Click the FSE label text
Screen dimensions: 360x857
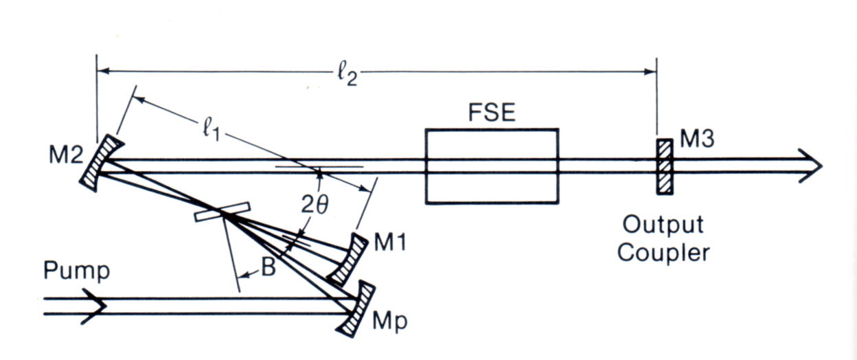(x=491, y=111)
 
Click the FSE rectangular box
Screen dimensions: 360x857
(x=491, y=166)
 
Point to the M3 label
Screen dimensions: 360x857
(x=697, y=140)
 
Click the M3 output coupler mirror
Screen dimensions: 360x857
(x=664, y=166)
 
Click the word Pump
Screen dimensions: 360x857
(x=76, y=271)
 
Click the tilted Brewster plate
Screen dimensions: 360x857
(x=220, y=213)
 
